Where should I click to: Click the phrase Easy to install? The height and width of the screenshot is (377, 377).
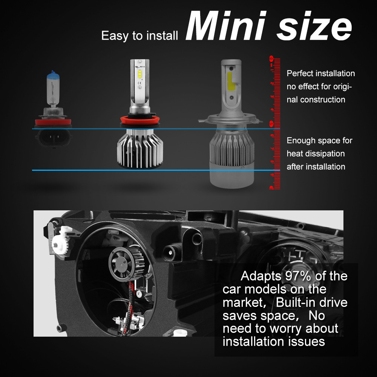point(139,36)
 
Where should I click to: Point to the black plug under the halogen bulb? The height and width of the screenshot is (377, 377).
point(53,138)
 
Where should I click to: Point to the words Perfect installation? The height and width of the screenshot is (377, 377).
point(321,73)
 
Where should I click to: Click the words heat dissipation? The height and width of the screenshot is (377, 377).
point(316,153)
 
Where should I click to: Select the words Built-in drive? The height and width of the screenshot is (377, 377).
point(311,302)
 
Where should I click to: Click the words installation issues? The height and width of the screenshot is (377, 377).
point(274,341)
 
